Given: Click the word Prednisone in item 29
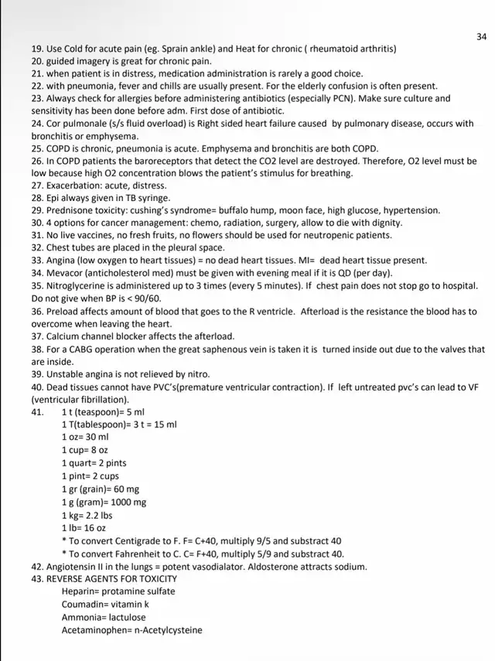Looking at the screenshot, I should coord(70,210).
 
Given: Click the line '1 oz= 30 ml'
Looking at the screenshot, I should coord(85,437).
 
